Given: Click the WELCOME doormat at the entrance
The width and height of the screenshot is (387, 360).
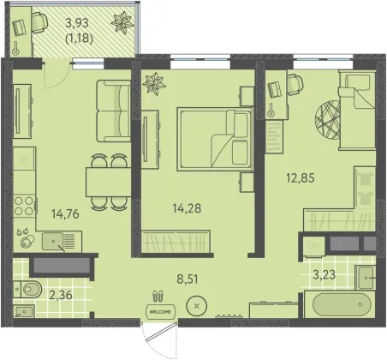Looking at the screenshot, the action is (160, 312).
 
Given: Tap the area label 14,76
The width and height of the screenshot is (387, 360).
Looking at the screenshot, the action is (65, 213).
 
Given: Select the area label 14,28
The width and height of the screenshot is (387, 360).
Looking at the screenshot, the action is (187, 208).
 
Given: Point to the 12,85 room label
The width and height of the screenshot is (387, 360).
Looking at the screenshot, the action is (301, 177).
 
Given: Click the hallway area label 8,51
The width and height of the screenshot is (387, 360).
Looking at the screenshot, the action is (188, 279).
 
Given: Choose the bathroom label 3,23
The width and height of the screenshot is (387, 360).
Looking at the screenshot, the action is (324, 275).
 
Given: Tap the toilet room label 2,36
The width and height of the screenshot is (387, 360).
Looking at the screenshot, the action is (61, 295).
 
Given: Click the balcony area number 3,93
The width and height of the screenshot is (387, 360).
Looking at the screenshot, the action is (77, 23).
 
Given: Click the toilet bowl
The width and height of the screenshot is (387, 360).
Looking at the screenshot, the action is (29, 289).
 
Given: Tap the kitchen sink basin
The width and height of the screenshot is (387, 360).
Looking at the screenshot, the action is (52, 242).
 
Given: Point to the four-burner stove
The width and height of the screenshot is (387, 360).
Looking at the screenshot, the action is (25, 206).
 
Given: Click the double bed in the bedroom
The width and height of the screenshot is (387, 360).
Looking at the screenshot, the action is (215, 139).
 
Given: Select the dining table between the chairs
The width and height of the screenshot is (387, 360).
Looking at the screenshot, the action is (109, 182).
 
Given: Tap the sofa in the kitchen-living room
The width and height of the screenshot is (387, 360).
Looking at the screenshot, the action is (113, 111).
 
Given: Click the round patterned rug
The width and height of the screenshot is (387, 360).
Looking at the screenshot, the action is (328, 119).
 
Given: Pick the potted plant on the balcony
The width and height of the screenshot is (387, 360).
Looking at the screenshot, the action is (122, 22).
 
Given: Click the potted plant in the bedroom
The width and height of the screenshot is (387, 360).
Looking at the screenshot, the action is (154, 83).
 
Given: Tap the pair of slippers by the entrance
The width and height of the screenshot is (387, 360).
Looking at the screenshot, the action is (158, 296).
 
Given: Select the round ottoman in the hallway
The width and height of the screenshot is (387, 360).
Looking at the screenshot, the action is (196, 306).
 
